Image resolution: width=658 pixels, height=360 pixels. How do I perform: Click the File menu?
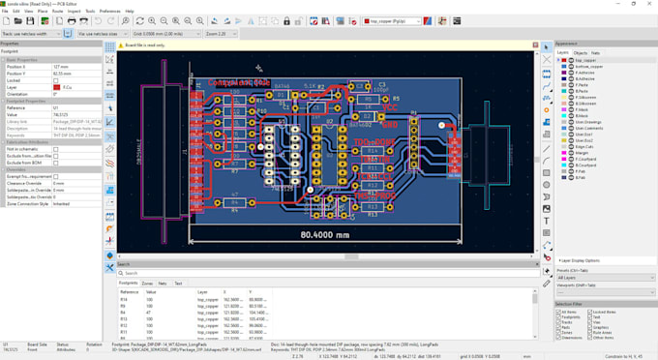pyautogui.click(x=5, y=11)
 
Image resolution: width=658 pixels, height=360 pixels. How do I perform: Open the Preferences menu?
pyautogui.click(x=109, y=11)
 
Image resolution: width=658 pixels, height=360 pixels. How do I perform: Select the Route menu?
pyautogui.click(x=57, y=11)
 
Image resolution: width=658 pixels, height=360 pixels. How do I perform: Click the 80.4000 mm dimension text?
pyautogui.click(x=324, y=234)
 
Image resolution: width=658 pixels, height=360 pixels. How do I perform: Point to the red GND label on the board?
pyautogui.click(x=389, y=124)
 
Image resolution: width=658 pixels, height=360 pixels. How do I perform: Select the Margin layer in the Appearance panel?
pyautogui.click(x=582, y=152)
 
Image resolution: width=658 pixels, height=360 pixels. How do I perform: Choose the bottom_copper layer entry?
pyautogui.click(x=589, y=67)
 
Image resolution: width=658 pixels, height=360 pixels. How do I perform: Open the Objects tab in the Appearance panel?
pyautogui.click(x=581, y=53)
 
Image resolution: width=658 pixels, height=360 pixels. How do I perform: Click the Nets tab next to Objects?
pyautogui.click(x=595, y=53)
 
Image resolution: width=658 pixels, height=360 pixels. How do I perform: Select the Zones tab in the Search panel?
pyautogui.click(x=148, y=284)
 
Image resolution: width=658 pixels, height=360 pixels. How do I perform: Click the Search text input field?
pyautogui.click(x=324, y=274)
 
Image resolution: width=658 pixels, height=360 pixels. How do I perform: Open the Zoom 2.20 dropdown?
pyautogui.click(x=221, y=34)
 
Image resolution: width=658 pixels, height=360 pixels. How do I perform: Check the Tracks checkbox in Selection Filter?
pyautogui.click(x=558, y=321)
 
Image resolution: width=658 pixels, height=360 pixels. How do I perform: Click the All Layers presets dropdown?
pyautogui.click(x=605, y=278)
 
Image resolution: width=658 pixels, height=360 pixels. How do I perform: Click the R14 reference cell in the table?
pyautogui.click(x=124, y=300)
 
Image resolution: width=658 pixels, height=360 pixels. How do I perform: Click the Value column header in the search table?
pyautogui.click(x=151, y=291)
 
